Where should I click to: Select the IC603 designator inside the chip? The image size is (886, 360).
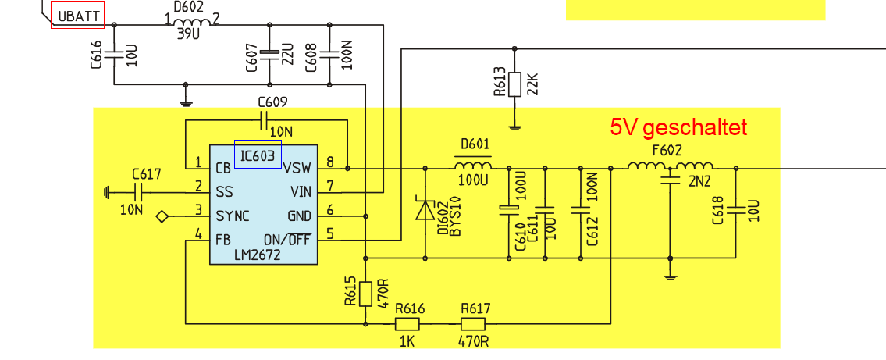[x=258, y=155]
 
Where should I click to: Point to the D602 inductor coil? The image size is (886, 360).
[x=191, y=22]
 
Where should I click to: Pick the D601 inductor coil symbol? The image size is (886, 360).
[x=472, y=165]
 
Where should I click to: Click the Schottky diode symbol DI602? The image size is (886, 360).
[x=425, y=209]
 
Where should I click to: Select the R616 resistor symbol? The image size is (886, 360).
[x=407, y=324]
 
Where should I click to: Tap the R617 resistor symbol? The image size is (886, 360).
[x=473, y=324]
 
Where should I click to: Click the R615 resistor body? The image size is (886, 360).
[x=365, y=294]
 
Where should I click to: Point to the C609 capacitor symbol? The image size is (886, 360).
[x=264, y=119]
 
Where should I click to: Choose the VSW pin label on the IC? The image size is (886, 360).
[x=297, y=169]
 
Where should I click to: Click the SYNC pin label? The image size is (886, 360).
[x=233, y=216]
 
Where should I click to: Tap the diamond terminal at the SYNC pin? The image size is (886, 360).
[x=162, y=216]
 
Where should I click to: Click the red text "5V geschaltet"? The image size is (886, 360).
[x=678, y=128]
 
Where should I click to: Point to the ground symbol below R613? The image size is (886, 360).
[x=514, y=127]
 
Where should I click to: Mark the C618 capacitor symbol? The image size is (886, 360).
[x=736, y=209]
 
